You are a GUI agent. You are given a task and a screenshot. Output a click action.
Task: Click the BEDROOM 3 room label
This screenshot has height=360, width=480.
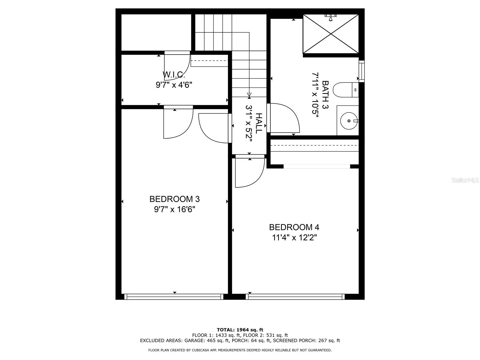pos(175,199)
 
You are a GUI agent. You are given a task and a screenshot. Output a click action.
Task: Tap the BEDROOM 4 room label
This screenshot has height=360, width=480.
pos(294,227)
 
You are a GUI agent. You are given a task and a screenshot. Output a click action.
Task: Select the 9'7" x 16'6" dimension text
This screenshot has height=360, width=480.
pos(175,210)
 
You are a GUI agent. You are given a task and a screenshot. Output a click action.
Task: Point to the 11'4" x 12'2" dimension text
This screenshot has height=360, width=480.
pos(294,237)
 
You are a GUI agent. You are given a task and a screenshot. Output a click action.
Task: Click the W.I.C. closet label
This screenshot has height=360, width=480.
pos(174,75)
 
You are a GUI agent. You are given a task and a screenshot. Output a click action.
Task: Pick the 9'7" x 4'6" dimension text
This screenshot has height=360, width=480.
pos(174,85)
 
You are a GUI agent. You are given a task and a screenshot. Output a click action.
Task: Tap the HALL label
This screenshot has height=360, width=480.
pos(259,124)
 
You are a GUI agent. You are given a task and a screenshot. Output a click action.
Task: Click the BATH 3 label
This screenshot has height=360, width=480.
pos(325,95)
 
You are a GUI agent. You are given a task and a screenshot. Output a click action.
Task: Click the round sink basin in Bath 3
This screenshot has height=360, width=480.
pos(349,121)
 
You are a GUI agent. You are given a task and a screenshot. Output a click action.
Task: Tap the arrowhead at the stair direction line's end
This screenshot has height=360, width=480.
pos(249,94)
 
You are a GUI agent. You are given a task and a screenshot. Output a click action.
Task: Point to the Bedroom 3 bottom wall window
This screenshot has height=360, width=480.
pos(174,297)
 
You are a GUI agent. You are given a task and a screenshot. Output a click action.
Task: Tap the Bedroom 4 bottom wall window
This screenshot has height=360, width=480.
pos(295,297)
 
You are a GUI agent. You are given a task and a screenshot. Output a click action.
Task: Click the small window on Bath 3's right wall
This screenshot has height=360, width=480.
pos(362,71)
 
